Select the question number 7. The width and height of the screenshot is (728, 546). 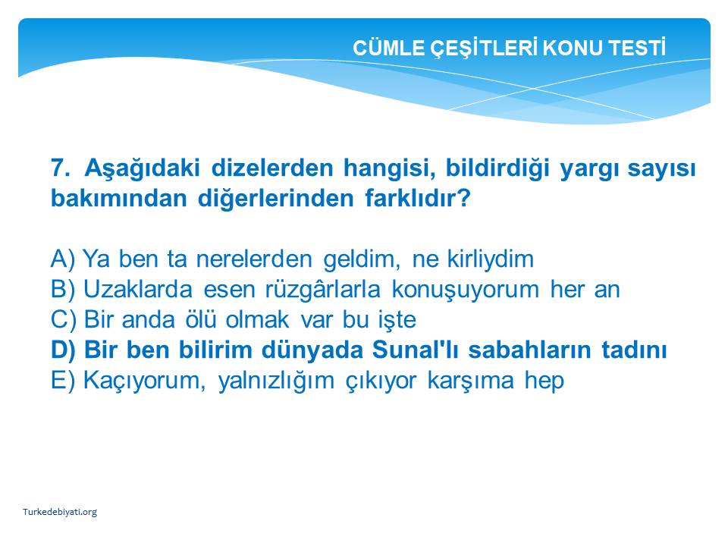click(x=61, y=168)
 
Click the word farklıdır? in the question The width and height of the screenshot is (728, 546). click(x=418, y=198)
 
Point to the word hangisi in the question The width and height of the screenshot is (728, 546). click(x=389, y=168)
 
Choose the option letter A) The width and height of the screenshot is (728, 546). click(x=63, y=259)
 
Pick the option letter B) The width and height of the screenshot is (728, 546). click(x=63, y=289)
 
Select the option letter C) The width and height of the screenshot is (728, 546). click(x=64, y=319)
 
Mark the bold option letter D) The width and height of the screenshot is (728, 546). click(x=64, y=350)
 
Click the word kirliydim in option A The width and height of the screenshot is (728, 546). click(x=491, y=259)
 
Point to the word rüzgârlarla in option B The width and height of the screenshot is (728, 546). click(x=323, y=289)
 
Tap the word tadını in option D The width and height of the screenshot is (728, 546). click(x=634, y=350)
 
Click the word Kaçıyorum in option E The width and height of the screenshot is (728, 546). click(x=144, y=381)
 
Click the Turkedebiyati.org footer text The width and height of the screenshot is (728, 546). click(x=60, y=512)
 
